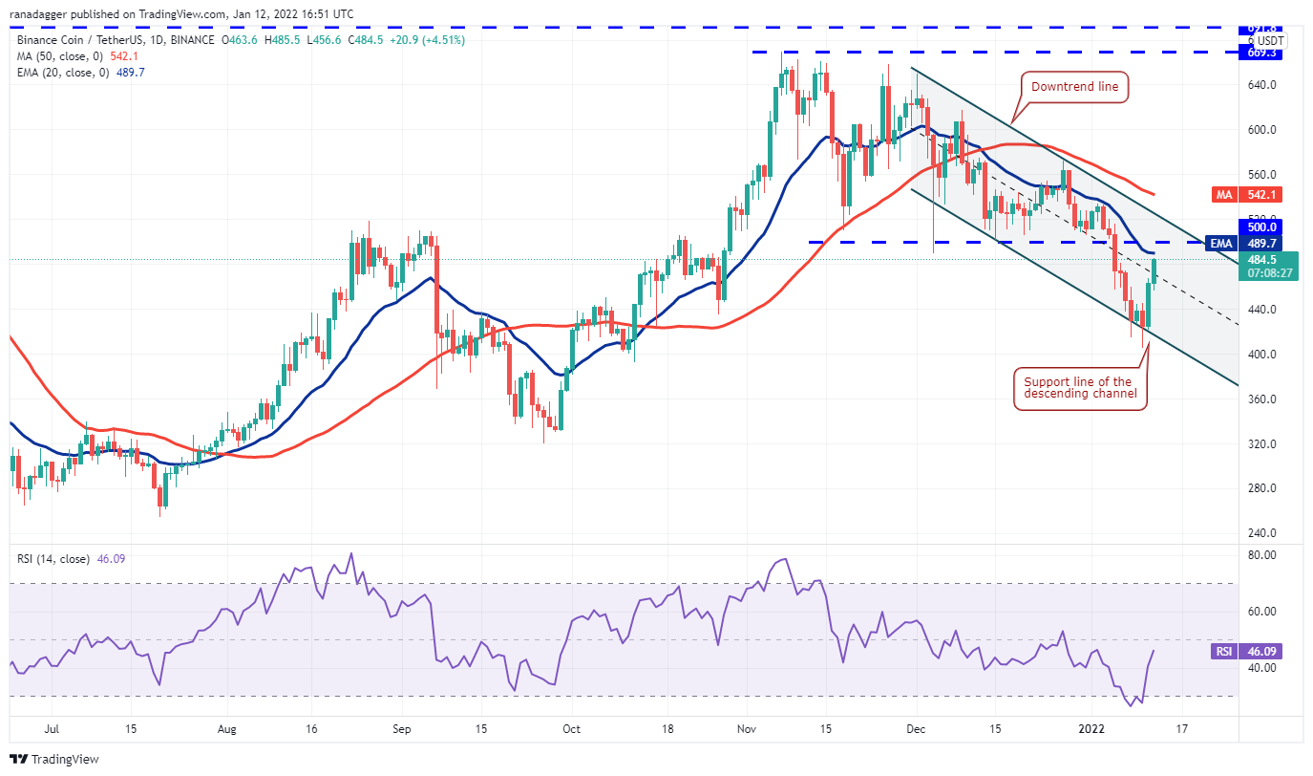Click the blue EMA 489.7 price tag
tap(1260, 244)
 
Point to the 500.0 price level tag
tap(1260, 227)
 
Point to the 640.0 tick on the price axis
tap(1260, 85)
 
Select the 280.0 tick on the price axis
tap(1260, 488)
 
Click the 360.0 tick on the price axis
tap(1260, 399)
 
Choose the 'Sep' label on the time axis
tap(401, 729)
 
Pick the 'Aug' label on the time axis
tap(227, 729)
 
